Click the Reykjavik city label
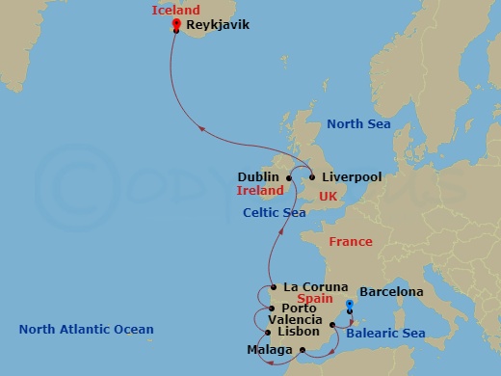pos(217,25)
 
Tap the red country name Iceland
pos(176,11)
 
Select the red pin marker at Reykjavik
pos(176,24)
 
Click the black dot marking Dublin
pos(288,177)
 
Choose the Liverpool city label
pos(352,177)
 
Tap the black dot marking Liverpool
pos(311,177)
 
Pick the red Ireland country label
pos(260,191)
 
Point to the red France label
pos(350,242)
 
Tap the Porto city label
pos(300,309)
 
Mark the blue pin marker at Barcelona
pos(350,306)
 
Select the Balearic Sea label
pos(385,333)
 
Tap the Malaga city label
pos(269,349)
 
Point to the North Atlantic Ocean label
pos(87,330)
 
